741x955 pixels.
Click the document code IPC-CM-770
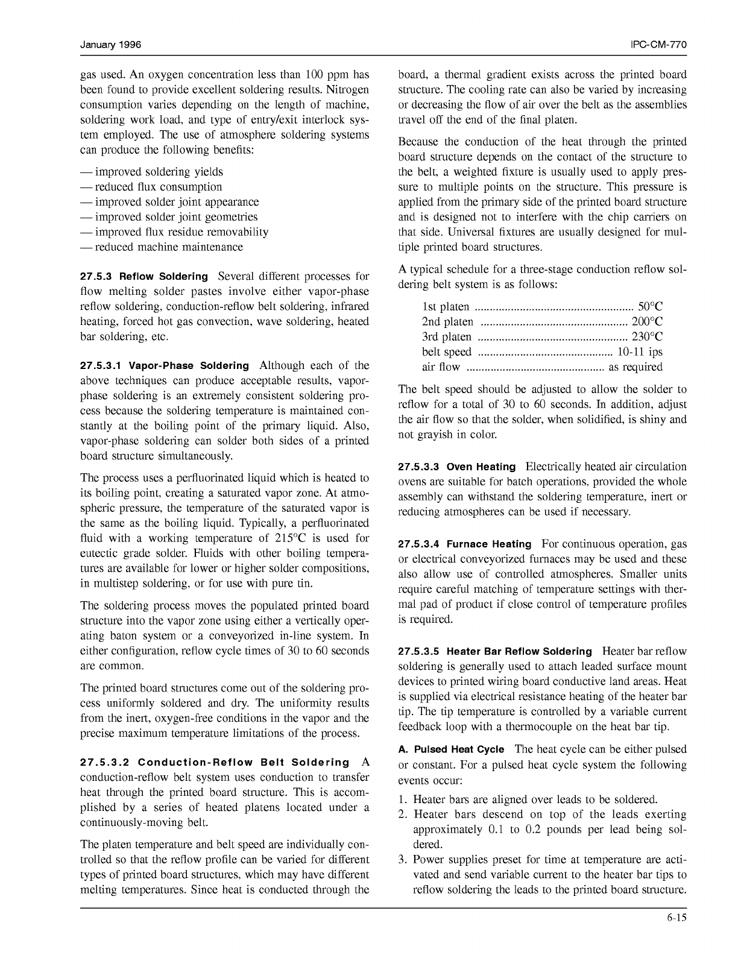click(658, 46)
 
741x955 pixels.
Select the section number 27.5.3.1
click(101, 366)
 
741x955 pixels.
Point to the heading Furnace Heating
click(489, 544)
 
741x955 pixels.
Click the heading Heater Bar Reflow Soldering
click(519, 652)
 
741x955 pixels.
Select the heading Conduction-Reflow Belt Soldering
click(244, 763)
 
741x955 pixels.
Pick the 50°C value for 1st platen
click(651, 307)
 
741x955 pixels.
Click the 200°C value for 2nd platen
click(647, 322)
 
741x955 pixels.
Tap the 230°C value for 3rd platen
click(647, 337)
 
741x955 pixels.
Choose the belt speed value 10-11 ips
click(640, 352)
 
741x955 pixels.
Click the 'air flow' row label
click(441, 367)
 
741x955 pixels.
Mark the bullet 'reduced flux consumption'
click(158, 187)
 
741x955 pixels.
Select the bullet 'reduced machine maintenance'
click(169, 247)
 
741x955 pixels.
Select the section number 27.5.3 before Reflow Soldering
click(96, 277)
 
